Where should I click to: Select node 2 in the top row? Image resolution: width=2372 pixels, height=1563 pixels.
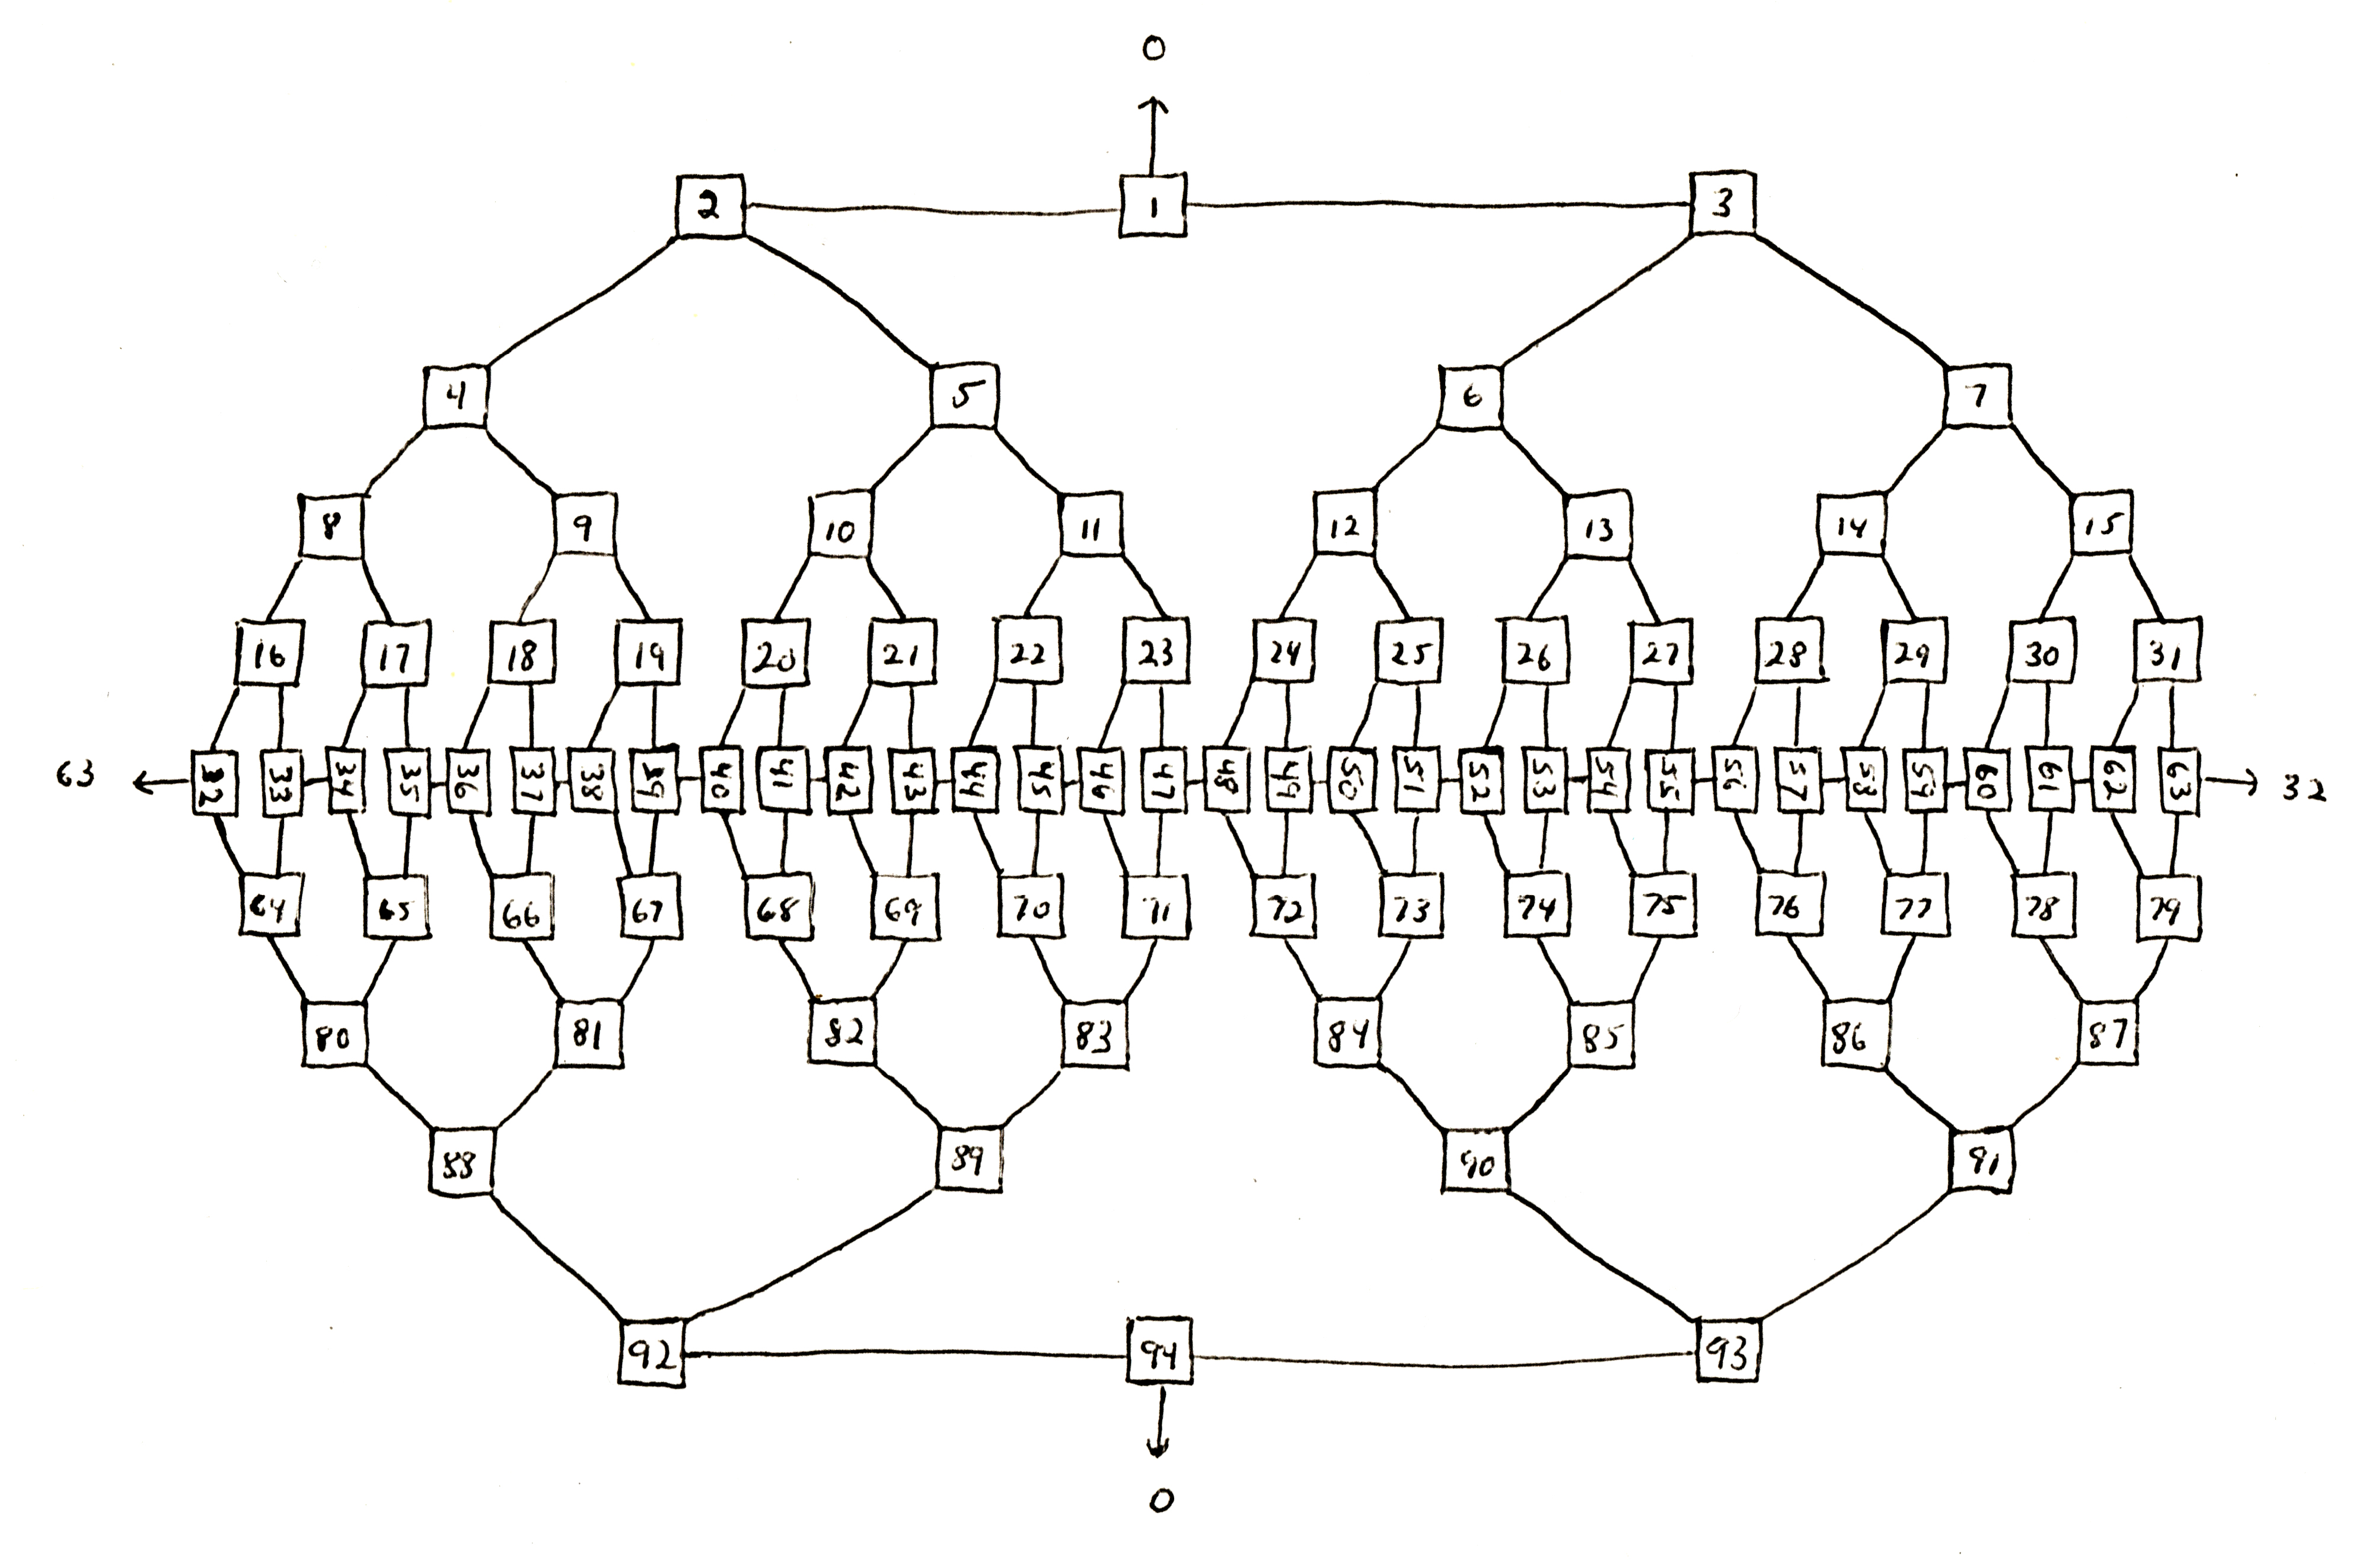[710, 206]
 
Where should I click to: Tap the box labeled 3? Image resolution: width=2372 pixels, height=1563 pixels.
[1723, 205]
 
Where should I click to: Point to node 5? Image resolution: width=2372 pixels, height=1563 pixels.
[964, 396]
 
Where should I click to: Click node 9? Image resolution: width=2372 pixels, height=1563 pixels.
[584, 528]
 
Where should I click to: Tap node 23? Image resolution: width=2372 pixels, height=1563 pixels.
[1156, 654]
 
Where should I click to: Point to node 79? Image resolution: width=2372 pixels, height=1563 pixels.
[2167, 910]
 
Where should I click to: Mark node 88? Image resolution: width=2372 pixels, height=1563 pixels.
[461, 1162]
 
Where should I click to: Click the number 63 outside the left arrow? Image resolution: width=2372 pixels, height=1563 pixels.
[75, 775]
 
